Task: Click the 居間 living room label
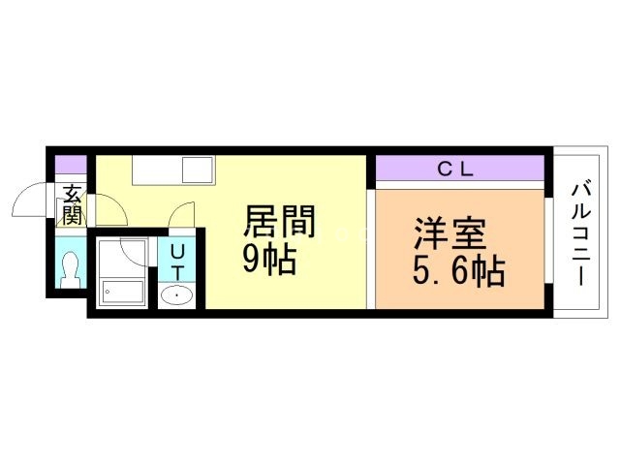(x=278, y=223)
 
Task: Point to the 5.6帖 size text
(x=458, y=272)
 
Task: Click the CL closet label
(x=454, y=170)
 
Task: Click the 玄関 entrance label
(x=72, y=204)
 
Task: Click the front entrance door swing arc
(x=29, y=201)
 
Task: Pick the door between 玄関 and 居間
(x=106, y=208)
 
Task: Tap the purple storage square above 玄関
(x=70, y=164)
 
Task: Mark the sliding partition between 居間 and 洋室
(x=371, y=247)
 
